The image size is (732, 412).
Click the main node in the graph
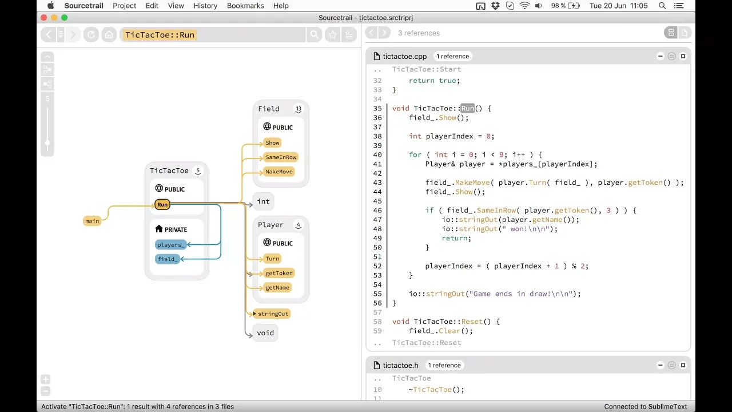92,221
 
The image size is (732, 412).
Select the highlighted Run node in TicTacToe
162,204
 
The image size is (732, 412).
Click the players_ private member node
170,245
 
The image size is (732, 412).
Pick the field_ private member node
168,259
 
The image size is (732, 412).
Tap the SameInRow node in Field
281,157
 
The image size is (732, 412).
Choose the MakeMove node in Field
279,172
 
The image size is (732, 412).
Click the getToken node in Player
279,273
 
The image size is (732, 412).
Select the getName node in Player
277,287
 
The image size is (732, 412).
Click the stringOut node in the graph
273,314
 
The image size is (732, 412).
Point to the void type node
265,333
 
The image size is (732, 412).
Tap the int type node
263,201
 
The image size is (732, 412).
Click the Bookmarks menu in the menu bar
245,6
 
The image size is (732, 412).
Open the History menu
205,6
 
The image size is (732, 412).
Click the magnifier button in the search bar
314,35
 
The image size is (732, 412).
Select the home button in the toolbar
109,35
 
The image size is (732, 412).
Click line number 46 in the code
377,211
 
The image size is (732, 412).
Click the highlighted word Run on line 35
468,108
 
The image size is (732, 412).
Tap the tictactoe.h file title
400,365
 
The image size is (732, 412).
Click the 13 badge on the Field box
299,109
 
